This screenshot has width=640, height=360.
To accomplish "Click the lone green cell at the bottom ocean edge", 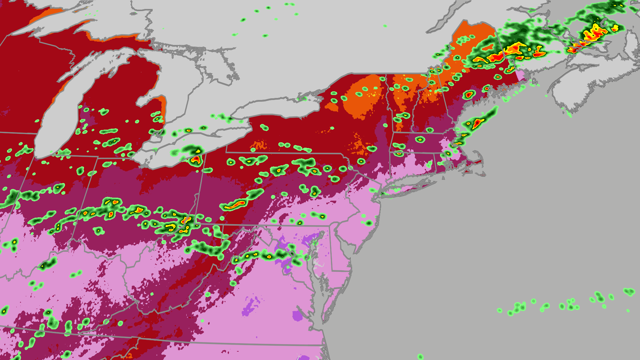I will [420, 357].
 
